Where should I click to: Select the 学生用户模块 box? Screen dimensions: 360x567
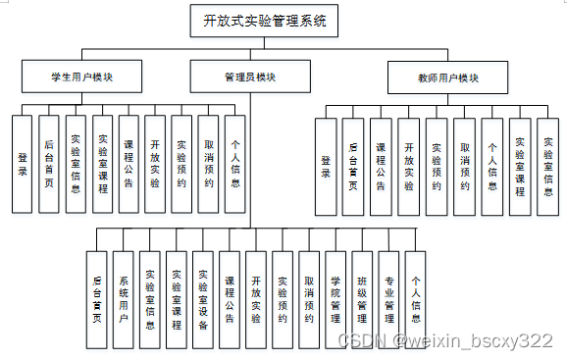pos(81,75)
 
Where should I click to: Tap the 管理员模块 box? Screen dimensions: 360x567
pos(249,75)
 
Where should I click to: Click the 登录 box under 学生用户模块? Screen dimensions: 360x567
pos(23,164)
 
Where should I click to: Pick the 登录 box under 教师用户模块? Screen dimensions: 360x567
pos(326,167)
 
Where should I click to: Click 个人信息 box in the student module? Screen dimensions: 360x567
pos(234,164)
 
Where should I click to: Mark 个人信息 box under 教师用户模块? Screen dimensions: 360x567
pos(493,167)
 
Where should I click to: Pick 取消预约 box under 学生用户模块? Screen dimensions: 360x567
pos(208,164)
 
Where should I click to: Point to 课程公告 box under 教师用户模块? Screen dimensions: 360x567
pos(382,167)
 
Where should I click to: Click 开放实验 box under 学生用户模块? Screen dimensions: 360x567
pos(155,164)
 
